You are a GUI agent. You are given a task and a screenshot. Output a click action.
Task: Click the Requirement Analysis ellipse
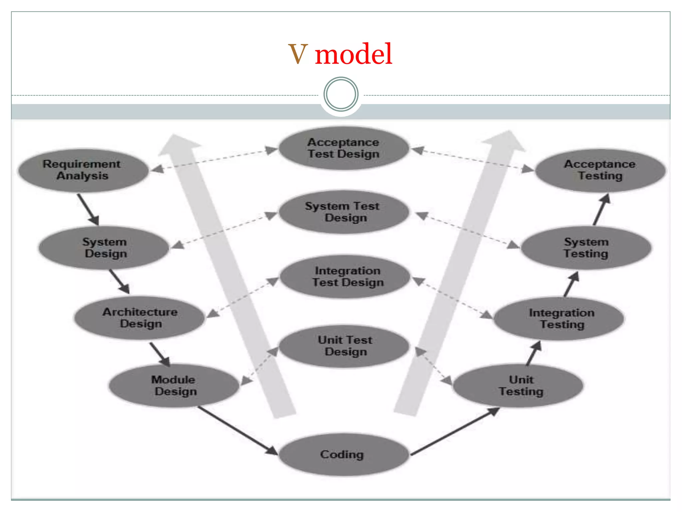(83, 170)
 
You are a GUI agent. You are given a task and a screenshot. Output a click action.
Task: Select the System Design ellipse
(104, 248)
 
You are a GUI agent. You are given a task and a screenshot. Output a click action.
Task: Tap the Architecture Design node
(139, 318)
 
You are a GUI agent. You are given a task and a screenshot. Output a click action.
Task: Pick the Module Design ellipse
(174, 386)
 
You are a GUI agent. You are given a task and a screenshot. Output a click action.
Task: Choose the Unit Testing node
(518, 386)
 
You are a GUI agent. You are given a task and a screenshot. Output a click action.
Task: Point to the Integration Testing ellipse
(559, 318)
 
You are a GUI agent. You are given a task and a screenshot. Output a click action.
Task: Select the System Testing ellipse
(586, 248)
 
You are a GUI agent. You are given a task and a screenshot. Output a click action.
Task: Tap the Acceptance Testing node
(600, 170)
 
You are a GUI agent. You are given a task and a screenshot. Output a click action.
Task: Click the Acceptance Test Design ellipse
(344, 148)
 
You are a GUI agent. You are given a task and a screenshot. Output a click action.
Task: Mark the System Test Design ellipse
(344, 212)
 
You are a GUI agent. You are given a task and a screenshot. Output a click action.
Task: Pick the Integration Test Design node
(345, 276)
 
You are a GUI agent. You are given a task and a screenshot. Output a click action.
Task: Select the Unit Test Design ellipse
(344, 346)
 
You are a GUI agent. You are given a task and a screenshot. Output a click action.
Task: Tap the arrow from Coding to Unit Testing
(455, 432)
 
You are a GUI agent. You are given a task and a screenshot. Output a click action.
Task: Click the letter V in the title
(298, 54)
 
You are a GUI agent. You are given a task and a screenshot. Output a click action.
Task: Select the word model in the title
(354, 54)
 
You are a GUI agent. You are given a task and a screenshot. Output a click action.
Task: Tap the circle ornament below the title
(341, 94)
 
